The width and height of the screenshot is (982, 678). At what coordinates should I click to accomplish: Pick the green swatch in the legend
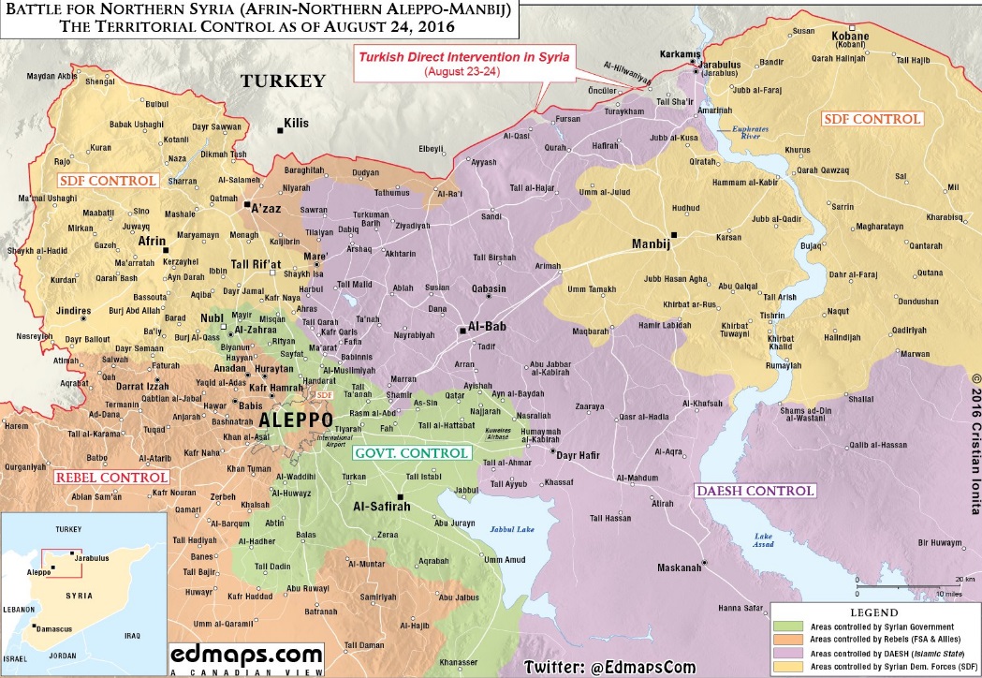click(x=788, y=626)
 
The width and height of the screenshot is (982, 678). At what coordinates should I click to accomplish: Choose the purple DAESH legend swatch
click(x=788, y=651)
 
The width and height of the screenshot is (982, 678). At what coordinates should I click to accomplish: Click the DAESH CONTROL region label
click(x=755, y=490)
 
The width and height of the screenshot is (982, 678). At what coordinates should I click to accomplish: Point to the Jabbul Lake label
click(x=510, y=529)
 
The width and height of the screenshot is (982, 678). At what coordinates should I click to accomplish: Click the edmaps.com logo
click(x=246, y=655)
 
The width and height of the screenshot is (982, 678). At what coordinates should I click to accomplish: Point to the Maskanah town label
click(x=679, y=567)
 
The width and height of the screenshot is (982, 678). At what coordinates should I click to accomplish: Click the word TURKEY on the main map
click(x=283, y=81)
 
